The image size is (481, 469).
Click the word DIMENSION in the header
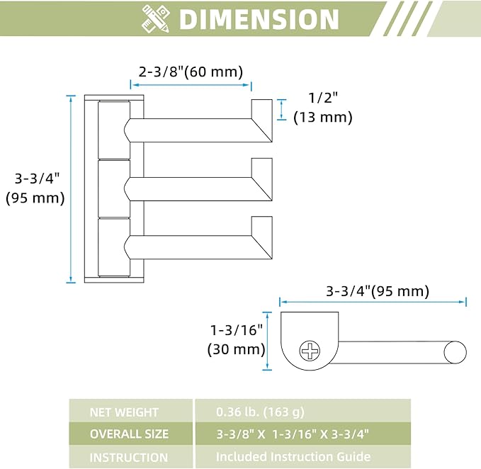click(x=259, y=19)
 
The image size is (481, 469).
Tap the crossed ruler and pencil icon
click(x=156, y=18)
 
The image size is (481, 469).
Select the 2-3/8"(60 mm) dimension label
click(x=191, y=72)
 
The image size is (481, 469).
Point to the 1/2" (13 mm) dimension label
click(x=323, y=108)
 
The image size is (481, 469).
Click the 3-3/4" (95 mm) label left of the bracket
click(x=35, y=188)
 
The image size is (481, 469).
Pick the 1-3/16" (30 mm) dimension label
click(x=236, y=339)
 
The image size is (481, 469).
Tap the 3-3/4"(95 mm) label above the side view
click(x=378, y=290)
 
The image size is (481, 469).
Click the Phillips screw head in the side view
click(x=310, y=351)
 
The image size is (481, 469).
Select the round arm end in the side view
click(x=455, y=352)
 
